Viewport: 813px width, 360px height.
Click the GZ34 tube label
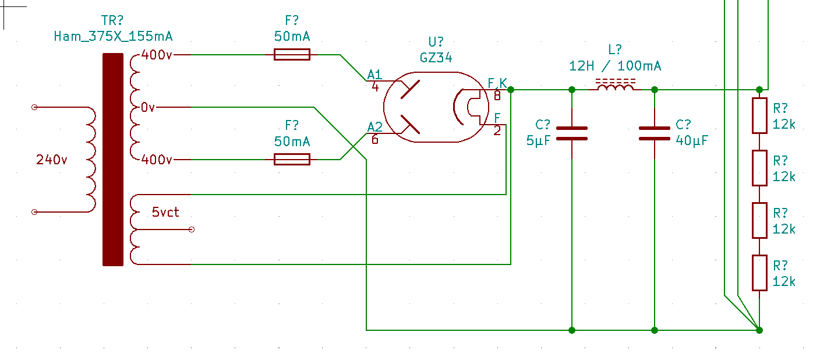(436, 57)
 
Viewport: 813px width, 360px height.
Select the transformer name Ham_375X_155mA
(113, 36)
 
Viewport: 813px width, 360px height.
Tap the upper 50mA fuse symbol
(292, 55)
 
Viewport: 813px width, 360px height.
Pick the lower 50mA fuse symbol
(292, 159)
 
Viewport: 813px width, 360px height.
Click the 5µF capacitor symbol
(572, 133)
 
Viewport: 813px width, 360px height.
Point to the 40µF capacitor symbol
(655, 133)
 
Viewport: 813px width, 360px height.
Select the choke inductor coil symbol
(615, 85)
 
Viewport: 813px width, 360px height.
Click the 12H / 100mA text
(615, 66)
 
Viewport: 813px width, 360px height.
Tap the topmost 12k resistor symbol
(759, 115)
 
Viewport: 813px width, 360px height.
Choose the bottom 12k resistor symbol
(759, 273)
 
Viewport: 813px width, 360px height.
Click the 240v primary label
(51, 160)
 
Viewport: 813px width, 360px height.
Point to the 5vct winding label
(165, 212)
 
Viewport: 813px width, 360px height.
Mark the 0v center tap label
(148, 107)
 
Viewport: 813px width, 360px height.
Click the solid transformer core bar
(113, 160)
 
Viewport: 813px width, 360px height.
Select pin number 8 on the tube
(497, 96)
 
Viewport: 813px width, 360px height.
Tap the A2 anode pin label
(375, 127)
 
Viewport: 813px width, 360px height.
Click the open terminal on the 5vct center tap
(192, 230)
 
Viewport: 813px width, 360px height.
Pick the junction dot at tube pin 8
(511, 90)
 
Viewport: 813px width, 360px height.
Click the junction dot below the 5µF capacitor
(572, 330)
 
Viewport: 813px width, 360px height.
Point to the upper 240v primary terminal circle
(34, 107)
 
